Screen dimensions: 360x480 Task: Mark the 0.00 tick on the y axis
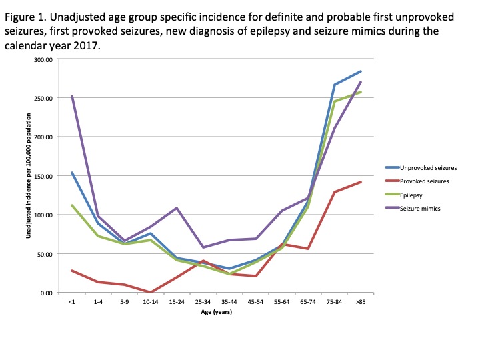(45, 293)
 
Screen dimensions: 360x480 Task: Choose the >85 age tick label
(361, 302)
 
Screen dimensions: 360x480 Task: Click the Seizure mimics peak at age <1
(72, 96)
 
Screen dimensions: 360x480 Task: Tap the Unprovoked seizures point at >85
(361, 71)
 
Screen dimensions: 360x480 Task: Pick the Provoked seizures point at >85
(361, 182)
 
